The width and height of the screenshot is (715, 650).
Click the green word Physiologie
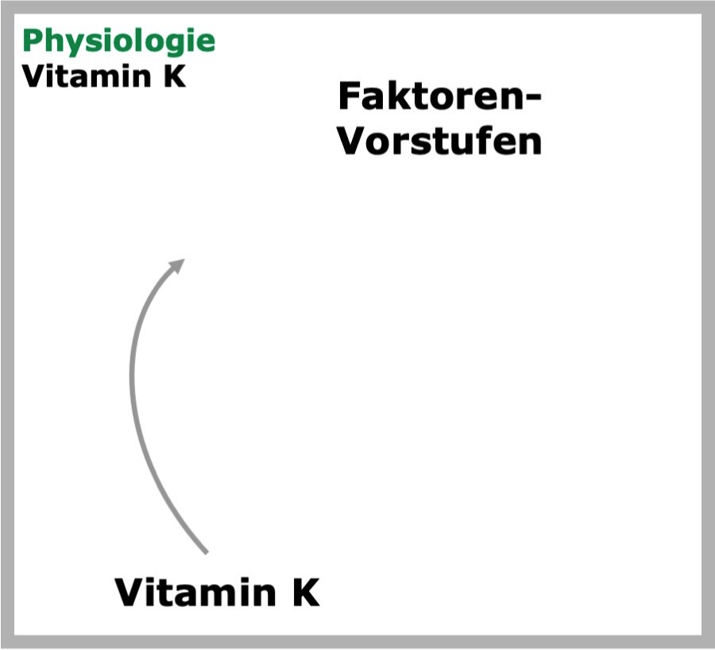pos(118,42)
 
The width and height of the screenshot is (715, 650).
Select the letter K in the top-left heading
pos(174,76)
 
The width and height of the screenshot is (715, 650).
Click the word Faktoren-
pos(439,96)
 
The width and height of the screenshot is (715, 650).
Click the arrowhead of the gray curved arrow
pos(177,265)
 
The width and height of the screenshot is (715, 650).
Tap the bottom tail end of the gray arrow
pos(206,552)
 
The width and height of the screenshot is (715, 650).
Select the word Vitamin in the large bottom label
pos(195,592)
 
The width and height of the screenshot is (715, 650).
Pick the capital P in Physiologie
pos(32,41)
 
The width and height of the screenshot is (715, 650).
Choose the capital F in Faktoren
pos(349,96)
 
